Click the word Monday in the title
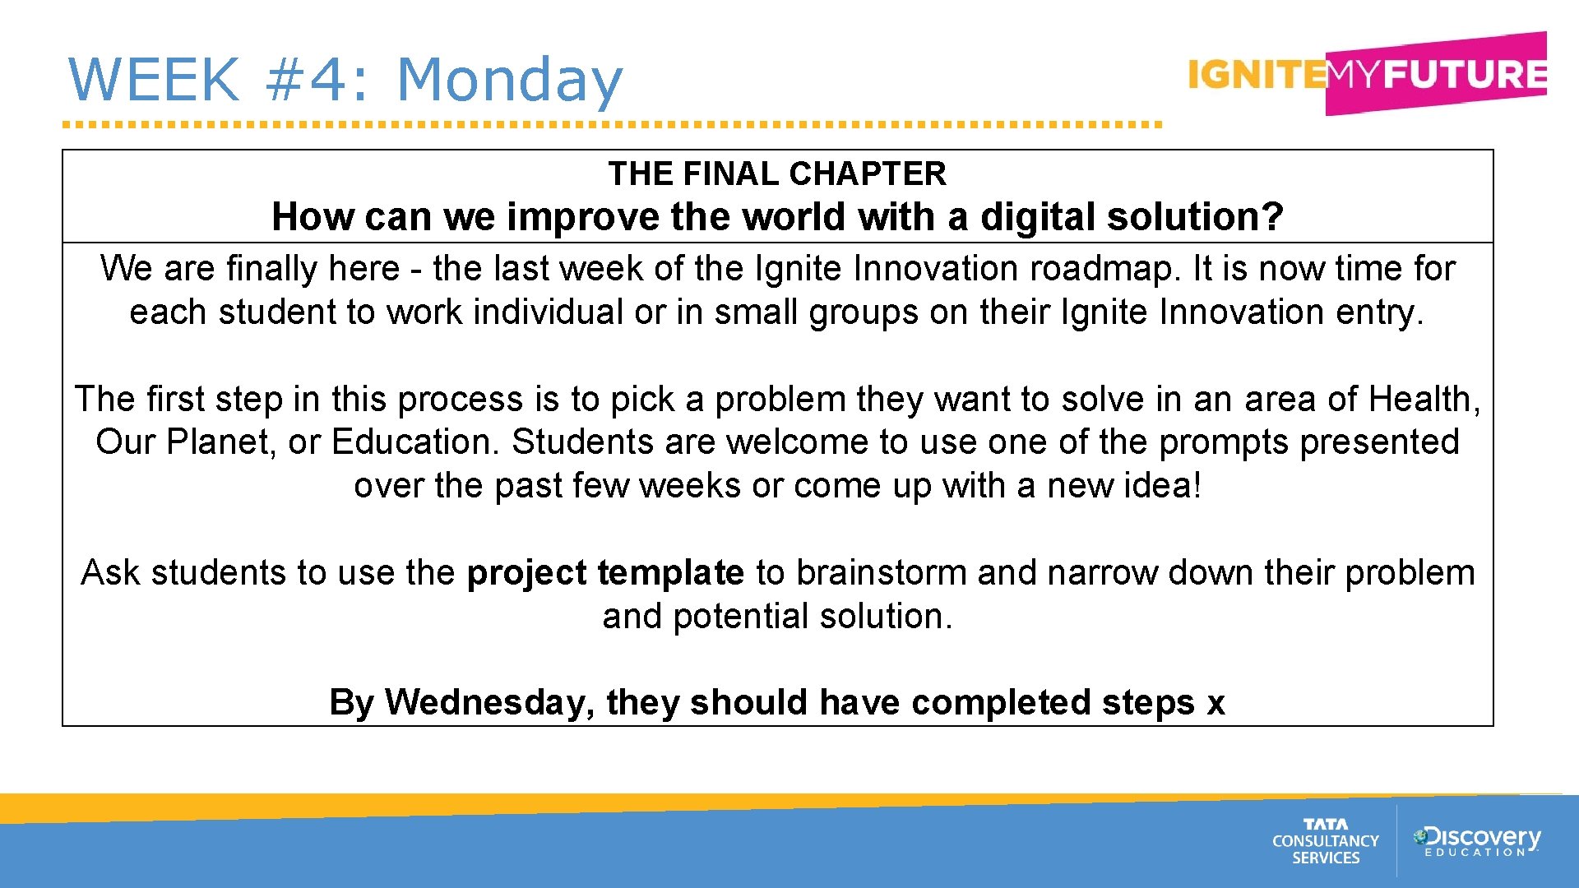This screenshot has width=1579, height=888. coord(509,80)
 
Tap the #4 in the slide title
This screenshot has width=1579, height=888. coord(317,80)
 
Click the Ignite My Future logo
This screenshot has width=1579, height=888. coord(1367,74)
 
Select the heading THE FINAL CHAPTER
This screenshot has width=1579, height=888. coord(777,173)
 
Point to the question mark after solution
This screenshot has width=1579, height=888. coord(1273,217)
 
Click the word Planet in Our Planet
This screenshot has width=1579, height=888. coord(217,442)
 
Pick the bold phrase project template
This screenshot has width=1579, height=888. coord(605,573)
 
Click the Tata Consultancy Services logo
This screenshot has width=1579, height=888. coord(1325,841)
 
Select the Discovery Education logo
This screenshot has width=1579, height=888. coord(1476,841)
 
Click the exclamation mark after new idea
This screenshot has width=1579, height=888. coord(1197,486)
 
